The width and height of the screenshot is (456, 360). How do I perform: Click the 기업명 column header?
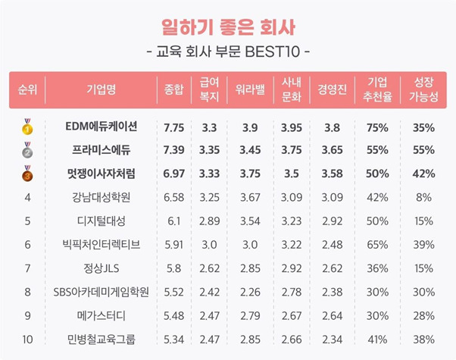pos(101,89)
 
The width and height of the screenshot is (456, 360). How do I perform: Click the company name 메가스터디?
pos(101,315)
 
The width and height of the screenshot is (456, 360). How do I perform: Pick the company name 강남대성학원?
pos(101,198)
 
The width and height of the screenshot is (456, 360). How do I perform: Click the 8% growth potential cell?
pos(423,198)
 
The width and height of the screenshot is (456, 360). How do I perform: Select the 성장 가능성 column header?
pos(423,89)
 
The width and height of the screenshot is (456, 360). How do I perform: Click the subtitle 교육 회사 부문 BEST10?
pos(227,53)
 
